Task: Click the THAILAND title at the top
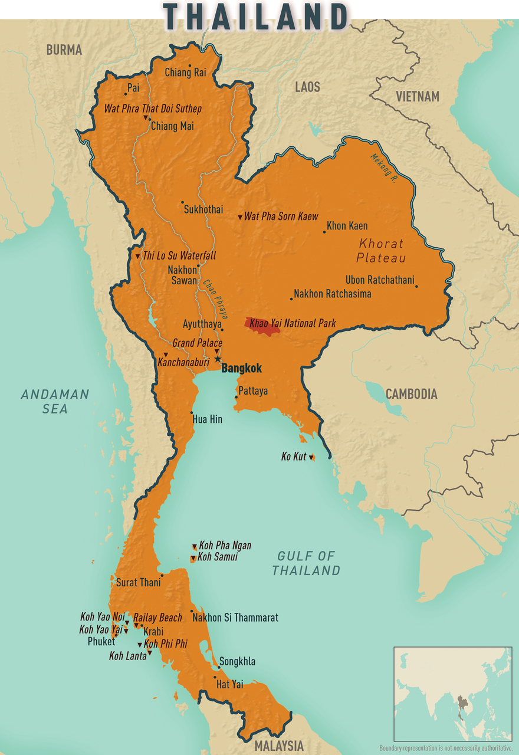point(256,16)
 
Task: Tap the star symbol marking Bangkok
point(218,359)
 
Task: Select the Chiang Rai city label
point(185,73)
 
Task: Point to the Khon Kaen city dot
point(324,232)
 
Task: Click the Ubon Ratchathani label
point(380,280)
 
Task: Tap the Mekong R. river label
point(383,168)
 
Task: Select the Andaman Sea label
point(55,401)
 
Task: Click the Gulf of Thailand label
point(306,563)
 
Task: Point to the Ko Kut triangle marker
point(312,457)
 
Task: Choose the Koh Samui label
point(217,557)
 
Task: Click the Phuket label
point(101,641)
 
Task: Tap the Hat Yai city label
point(229,684)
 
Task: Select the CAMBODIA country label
point(411,394)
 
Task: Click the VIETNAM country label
point(418,96)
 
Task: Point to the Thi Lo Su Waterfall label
point(179,256)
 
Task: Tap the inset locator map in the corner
point(452,693)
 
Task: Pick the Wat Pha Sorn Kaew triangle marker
point(240,218)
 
